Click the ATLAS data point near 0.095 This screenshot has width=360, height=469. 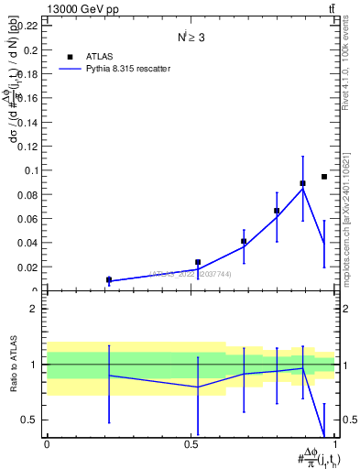click(324, 177)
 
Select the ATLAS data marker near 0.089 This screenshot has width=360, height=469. click(302, 183)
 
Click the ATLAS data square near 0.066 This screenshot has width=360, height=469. click(277, 212)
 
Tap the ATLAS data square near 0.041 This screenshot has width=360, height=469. click(244, 242)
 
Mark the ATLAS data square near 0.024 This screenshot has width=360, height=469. click(197, 262)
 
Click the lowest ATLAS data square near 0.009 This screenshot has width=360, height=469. click(109, 280)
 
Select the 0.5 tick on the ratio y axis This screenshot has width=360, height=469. click(31, 420)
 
